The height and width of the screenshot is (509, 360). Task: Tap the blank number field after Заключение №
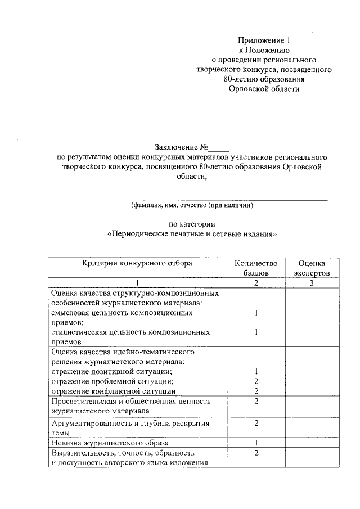coord(218,148)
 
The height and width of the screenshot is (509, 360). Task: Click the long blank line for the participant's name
coord(191,199)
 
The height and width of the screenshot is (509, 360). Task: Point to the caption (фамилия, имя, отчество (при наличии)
coord(192,206)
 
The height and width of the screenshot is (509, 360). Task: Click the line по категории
coord(192,224)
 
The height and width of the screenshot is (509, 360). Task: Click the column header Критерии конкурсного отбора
coord(137,263)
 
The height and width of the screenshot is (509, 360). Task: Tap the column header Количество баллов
coord(256,268)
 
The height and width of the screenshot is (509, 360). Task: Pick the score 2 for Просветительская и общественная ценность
coord(256,401)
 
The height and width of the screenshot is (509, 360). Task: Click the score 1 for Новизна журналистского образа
coord(256,443)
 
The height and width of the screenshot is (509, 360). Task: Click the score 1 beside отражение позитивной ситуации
coord(256,372)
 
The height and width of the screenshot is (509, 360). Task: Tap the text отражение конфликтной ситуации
coord(113,391)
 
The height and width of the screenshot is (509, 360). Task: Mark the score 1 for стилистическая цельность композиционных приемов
coord(256,332)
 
